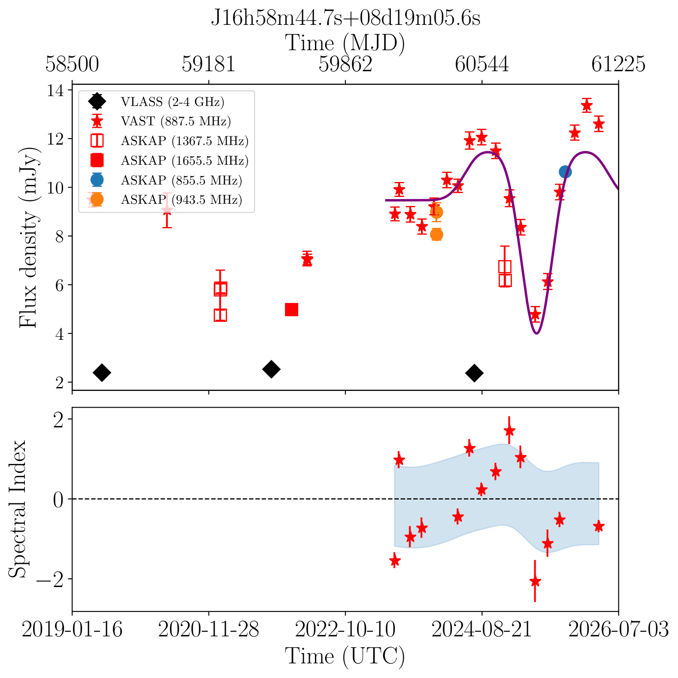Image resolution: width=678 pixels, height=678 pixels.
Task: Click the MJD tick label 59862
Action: pos(345,64)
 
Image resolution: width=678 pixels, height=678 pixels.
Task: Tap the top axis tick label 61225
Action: pos(618,64)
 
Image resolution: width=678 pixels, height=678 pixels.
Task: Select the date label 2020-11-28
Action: pos(209,630)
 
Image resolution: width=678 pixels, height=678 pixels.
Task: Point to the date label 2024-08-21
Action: pos(482,630)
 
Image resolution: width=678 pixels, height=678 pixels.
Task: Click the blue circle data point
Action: pos(565,172)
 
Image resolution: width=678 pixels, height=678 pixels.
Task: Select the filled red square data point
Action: pos(291,309)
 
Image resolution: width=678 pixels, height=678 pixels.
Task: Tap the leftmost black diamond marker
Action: pos(102,372)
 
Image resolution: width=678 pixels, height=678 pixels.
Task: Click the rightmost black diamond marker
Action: pos(474,373)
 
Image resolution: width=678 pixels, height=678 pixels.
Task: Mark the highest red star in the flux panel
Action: pos(587,105)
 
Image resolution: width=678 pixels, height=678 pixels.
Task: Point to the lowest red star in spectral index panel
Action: pos(535,581)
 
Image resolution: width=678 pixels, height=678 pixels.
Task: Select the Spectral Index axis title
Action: pos(18,509)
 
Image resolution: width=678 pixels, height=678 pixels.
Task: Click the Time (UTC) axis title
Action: pos(345,657)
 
